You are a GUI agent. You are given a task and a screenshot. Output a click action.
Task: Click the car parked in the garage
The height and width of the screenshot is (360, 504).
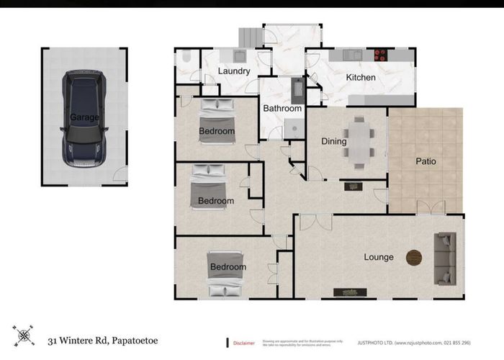click(x=84, y=118)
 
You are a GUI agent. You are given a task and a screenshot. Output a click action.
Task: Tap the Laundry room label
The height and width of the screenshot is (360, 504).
click(x=233, y=71)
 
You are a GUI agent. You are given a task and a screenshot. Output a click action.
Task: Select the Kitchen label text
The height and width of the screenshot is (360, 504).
click(x=361, y=77)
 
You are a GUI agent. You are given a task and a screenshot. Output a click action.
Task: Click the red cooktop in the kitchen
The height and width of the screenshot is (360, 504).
click(x=379, y=54)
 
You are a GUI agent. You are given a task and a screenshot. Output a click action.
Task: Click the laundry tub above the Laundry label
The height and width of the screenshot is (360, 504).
click(x=240, y=55)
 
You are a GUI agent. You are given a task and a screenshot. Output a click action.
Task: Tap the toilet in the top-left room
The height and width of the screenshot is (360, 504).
click(x=184, y=58)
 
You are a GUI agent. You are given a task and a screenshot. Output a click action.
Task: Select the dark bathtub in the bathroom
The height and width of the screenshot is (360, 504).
click(x=297, y=90)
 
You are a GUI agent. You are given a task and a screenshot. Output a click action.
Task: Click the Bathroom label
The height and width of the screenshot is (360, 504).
click(x=282, y=109)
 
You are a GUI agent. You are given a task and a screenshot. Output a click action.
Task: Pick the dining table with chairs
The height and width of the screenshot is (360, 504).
click(x=358, y=142)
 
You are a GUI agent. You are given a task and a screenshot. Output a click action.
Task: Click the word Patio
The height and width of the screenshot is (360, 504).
click(x=426, y=161)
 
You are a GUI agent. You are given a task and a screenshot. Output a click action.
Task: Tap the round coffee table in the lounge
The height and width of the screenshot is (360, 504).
click(x=414, y=257)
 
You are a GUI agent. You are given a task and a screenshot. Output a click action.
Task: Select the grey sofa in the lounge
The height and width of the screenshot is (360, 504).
click(x=446, y=258)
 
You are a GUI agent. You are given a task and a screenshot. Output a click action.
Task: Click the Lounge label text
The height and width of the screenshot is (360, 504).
click(x=379, y=257)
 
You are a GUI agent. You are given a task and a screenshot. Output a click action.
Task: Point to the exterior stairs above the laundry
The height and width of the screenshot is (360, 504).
click(x=249, y=37)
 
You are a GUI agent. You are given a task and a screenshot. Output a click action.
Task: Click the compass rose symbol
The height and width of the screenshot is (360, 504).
click(x=24, y=336)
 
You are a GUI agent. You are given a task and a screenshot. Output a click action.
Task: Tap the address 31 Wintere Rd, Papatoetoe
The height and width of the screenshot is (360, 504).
click(x=102, y=339)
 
